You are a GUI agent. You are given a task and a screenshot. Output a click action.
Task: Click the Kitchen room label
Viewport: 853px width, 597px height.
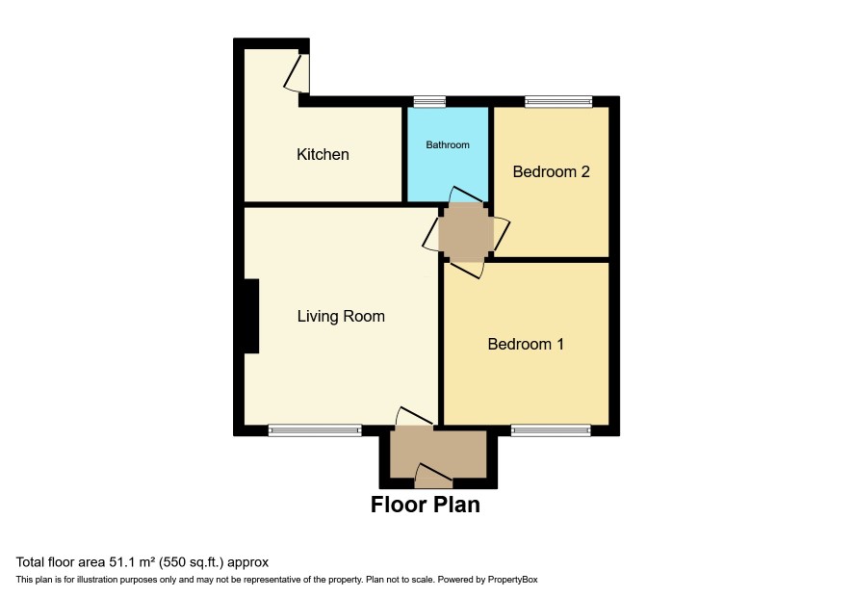[323, 155]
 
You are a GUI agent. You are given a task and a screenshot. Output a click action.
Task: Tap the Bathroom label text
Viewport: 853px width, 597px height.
[447, 144]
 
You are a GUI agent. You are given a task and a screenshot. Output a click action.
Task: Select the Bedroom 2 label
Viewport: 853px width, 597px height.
[551, 172]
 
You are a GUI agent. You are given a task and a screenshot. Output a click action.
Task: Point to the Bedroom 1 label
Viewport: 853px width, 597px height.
[526, 344]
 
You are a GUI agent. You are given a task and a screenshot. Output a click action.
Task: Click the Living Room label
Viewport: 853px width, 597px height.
[341, 316]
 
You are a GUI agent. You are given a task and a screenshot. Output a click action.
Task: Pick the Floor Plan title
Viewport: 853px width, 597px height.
[426, 505]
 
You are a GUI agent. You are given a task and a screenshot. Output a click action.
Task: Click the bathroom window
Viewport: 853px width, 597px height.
[429, 101]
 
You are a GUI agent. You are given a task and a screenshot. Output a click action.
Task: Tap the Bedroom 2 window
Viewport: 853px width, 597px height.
[558, 101]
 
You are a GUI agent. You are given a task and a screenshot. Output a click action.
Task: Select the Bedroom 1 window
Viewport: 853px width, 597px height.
[551, 430]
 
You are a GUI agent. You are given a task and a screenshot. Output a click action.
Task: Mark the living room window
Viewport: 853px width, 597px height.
[315, 430]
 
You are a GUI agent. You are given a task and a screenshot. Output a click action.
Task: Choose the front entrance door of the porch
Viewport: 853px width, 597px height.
[433, 476]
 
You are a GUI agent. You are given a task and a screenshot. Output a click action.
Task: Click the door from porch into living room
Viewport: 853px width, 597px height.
[415, 416]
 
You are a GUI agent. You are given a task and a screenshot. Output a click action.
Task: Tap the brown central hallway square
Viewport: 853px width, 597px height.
[466, 233]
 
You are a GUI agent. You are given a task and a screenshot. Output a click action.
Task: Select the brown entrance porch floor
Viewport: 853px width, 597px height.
[438, 452]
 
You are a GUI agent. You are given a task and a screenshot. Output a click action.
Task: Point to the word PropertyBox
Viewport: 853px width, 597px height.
[512, 580]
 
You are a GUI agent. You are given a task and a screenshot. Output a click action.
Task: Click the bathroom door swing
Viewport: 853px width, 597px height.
[467, 195]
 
